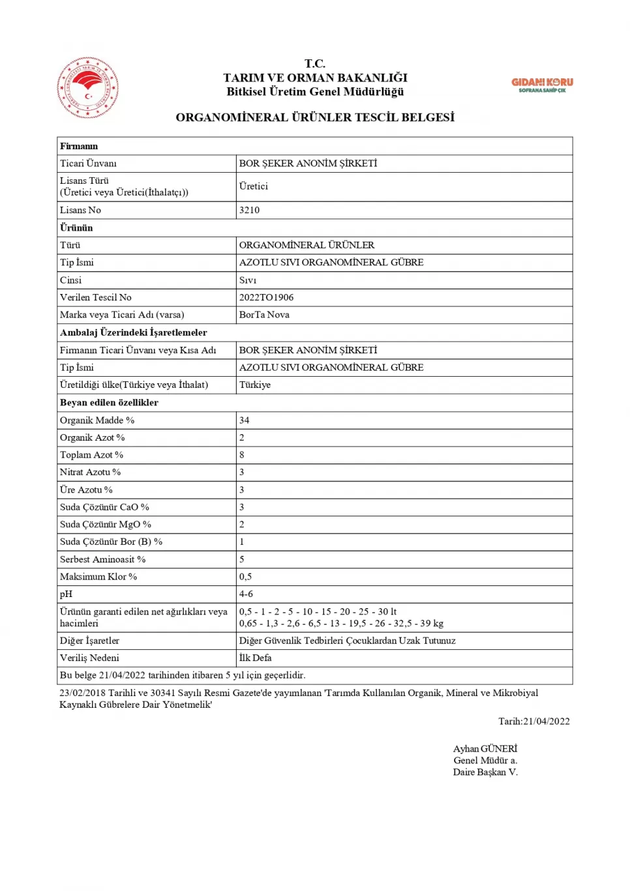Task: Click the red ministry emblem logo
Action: tap(88, 87)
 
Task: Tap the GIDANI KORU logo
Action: tap(542, 85)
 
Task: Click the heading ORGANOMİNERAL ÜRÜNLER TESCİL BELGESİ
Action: tap(315, 117)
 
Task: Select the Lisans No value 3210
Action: tap(249, 210)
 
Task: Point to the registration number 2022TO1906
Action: tap(266, 297)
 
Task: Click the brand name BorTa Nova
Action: tap(264, 314)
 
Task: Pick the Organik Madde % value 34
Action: tap(244, 420)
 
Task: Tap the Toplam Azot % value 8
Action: tap(241, 455)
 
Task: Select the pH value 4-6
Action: tap(246, 594)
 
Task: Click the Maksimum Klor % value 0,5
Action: tap(245, 577)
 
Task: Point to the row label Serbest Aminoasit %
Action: tap(102, 559)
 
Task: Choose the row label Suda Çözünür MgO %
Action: tap(105, 524)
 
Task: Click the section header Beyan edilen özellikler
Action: tap(109, 402)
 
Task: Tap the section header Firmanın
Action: tap(79, 146)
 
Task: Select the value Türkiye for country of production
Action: tap(254, 385)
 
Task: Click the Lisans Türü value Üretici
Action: tap(253, 186)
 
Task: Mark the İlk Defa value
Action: tap(255, 658)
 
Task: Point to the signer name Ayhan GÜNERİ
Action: tap(485, 748)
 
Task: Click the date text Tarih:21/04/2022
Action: tap(533, 721)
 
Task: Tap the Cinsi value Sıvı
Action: tap(248, 280)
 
